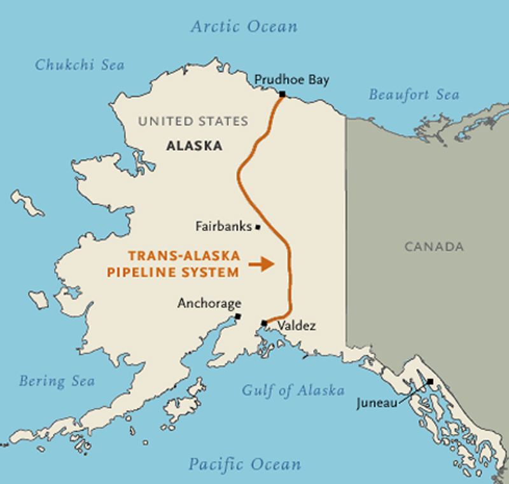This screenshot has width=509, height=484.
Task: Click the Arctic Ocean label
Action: click(x=244, y=27)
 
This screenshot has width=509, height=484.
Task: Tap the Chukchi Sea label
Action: click(x=80, y=65)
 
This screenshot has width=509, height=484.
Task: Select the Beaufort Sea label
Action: click(x=414, y=95)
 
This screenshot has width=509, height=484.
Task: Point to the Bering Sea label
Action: click(x=57, y=381)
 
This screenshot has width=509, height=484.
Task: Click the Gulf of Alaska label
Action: click(x=293, y=391)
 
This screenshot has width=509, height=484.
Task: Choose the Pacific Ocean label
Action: click(x=244, y=464)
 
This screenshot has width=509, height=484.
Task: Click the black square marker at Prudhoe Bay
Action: click(x=281, y=95)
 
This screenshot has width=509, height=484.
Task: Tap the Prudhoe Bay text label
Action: click(x=282, y=80)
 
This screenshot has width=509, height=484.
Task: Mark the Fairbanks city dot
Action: click(x=258, y=227)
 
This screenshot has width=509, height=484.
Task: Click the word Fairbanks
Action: click(x=224, y=226)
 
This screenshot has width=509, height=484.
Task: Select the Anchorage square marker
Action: click(x=237, y=316)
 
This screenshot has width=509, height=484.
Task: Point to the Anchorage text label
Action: click(x=209, y=304)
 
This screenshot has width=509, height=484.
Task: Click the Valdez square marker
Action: click(x=264, y=323)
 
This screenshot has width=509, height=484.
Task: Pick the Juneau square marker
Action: click(x=430, y=382)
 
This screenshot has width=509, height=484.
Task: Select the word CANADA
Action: click(x=434, y=247)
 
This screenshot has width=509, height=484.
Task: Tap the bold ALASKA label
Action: click(x=194, y=146)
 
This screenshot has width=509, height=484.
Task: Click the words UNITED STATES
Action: click(x=193, y=121)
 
